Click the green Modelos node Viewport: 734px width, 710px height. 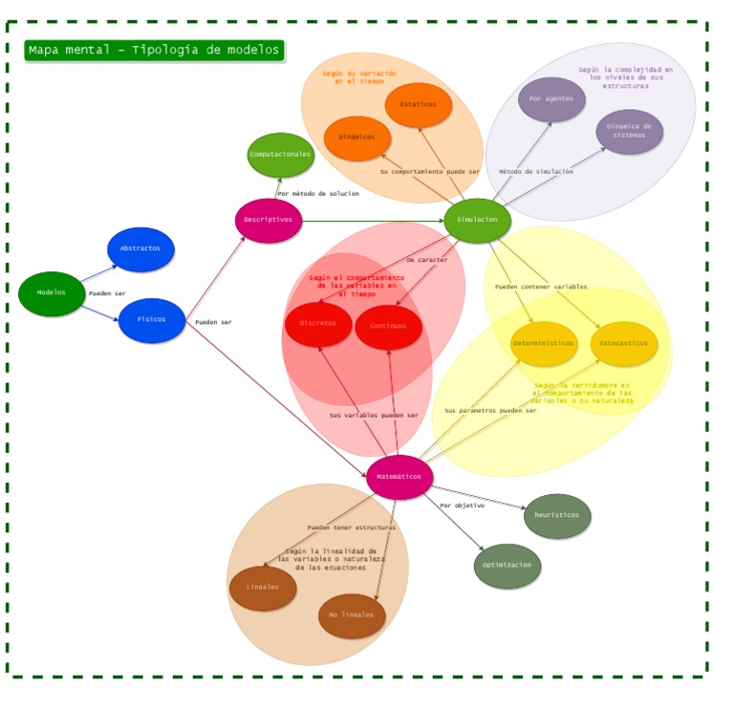click(x=52, y=293)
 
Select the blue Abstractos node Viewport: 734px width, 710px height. click(x=140, y=249)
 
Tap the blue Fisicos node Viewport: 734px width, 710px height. click(x=151, y=320)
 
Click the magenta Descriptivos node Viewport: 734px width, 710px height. click(x=269, y=221)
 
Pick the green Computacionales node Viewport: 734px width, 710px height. click(x=280, y=155)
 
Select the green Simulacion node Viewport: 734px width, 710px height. click(x=477, y=220)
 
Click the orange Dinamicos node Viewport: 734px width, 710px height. click(x=356, y=138)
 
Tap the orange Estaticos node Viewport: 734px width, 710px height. click(x=418, y=104)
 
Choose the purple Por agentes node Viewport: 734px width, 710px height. click(x=551, y=99)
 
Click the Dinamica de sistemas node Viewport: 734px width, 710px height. click(x=629, y=132)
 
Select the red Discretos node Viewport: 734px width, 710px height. click(x=318, y=324)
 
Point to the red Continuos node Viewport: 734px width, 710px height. click(x=388, y=327)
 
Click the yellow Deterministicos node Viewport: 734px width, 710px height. click(x=544, y=343)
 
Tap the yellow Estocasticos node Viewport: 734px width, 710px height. click(x=623, y=343)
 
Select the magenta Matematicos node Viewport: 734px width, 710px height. click(x=399, y=477)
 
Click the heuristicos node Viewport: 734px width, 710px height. click(x=556, y=516)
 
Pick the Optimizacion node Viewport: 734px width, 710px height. click(x=507, y=566)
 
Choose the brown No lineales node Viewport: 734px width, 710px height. click(x=352, y=615)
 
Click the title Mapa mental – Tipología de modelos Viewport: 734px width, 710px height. click(x=154, y=51)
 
